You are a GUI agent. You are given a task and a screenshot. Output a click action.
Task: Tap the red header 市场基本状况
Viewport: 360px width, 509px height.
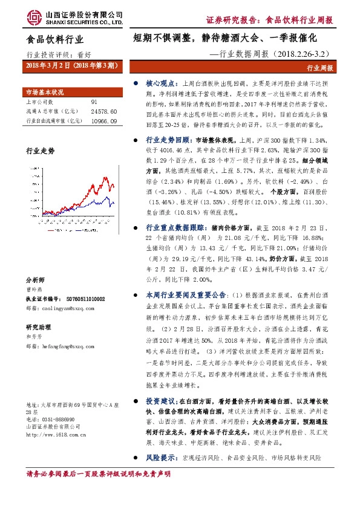click(44, 92)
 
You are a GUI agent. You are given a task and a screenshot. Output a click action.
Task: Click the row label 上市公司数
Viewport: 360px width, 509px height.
click(39, 103)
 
